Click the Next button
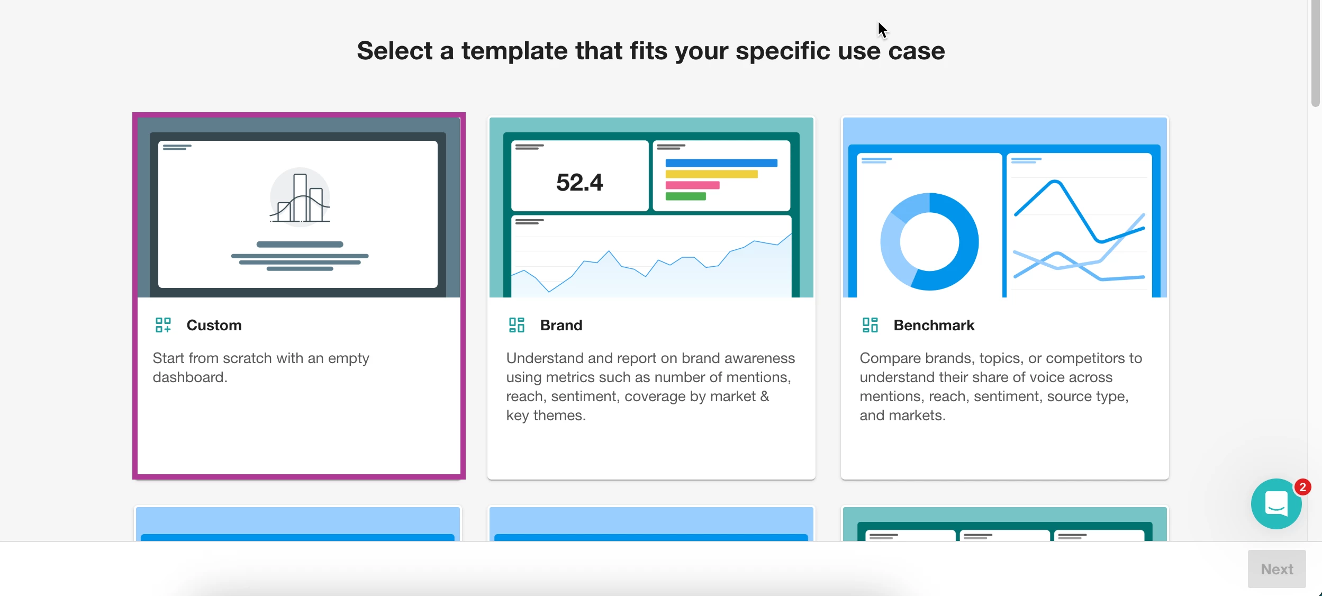click(x=1276, y=569)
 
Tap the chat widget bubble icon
click(x=1276, y=504)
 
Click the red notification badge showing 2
click(x=1302, y=487)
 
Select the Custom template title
click(x=214, y=325)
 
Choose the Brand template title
click(x=561, y=325)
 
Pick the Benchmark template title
click(x=934, y=325)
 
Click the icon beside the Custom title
click(x=163, y=325)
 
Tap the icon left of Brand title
click(x=517, y=325)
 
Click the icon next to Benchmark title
click(x=870, y=325)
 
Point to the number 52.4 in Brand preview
click(x=579, y=183)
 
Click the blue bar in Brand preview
click(x=721, y=163)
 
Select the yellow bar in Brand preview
click(x=711, y=174)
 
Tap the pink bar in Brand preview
click(x=692, y=185)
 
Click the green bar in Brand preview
click(x=685, y=196)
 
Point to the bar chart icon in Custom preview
click(x=300, y=197)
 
